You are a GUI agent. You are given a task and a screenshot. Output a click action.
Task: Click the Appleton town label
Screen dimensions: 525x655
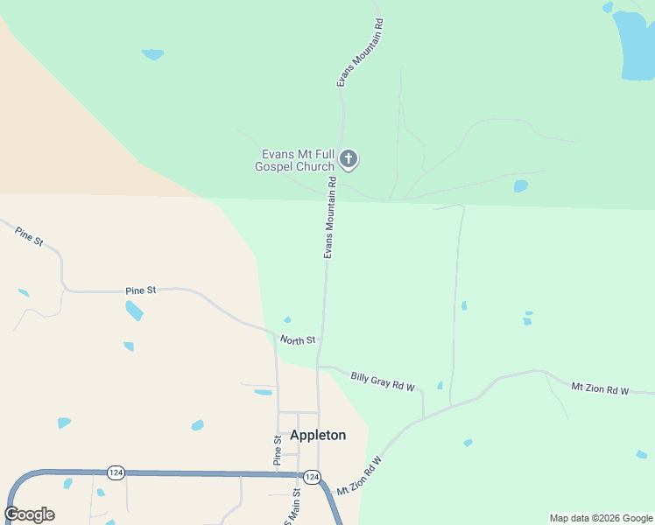[318, 435]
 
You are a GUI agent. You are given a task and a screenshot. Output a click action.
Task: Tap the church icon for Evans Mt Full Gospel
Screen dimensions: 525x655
[349, 159]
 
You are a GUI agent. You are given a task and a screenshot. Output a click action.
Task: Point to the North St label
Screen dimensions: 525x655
[297, 339]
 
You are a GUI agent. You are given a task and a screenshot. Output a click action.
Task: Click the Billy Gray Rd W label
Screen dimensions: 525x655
[382, 381]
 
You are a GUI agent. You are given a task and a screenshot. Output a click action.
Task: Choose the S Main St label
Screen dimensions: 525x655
[295, 507]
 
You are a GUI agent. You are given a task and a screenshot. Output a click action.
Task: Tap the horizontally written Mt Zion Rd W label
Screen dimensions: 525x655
[600, 388]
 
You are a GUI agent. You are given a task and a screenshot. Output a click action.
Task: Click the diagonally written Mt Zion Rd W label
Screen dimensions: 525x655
[360, 476]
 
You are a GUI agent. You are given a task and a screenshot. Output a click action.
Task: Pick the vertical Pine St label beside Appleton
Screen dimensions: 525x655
[278, 450]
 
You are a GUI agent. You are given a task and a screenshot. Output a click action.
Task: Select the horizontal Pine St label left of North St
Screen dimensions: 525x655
[140, 290]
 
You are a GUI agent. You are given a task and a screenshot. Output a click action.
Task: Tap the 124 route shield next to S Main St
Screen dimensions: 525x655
[312, 476]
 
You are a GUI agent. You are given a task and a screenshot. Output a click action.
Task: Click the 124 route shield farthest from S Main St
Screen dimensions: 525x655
[116, 472]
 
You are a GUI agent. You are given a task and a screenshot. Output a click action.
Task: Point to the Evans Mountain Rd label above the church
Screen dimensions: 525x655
[358, 54]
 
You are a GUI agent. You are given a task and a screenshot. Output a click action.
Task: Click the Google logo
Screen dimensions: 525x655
[29, 514]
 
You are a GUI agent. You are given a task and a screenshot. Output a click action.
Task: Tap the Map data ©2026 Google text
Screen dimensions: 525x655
[601, 518]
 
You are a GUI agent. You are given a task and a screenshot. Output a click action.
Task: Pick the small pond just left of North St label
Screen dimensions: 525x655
[287, 319]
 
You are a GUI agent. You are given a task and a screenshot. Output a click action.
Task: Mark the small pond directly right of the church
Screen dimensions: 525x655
[521, 186]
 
